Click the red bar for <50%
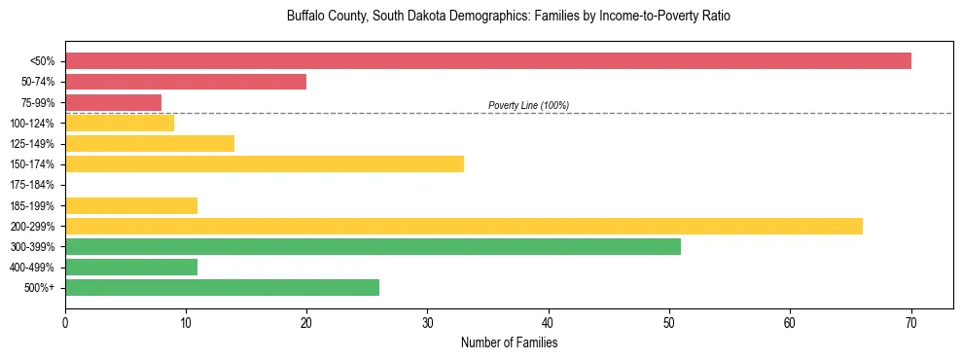tap(488, 61)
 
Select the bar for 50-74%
tap(186, 82)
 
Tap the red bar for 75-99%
tap(113, 102)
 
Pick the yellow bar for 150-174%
tap(265, 163)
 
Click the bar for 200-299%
tap(464, 226)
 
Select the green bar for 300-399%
tap(373, 246)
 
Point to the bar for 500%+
tap(222, 287)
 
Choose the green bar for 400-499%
tap(131, 267)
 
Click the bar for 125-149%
tap(150, 143)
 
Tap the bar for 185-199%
tap(131, 205)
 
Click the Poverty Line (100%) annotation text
tap(528, 105)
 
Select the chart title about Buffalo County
tap(509, 17)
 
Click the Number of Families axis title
tap(509, 342)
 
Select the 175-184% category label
tap(34, 185)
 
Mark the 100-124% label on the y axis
tap(34, 123)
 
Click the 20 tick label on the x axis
tap(306, 322)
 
